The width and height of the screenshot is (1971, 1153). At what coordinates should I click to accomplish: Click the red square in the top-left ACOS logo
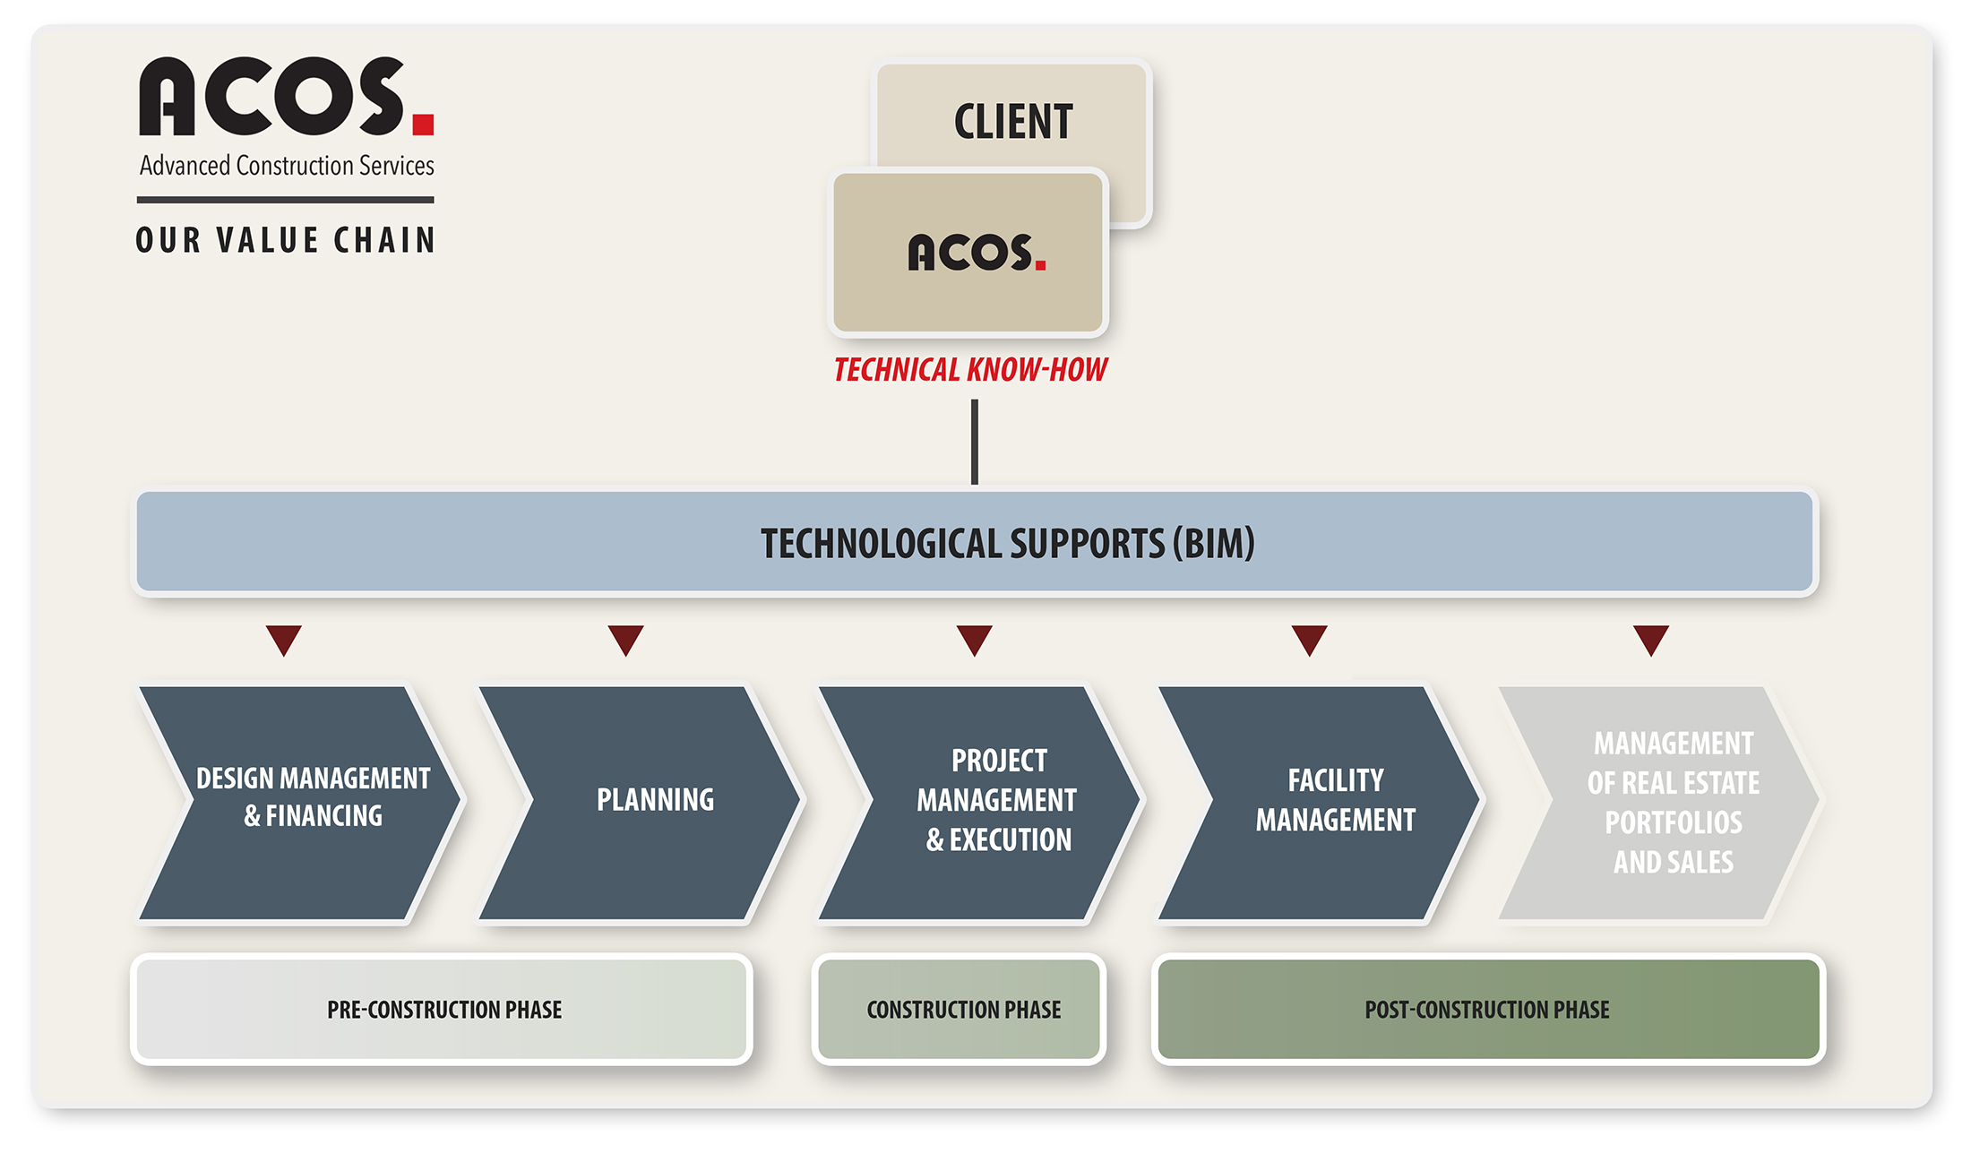point(424,124)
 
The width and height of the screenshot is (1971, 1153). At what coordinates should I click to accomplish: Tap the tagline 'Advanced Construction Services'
point(287,166)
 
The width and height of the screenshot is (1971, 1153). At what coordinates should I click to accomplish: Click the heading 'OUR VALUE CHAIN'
point(286,240)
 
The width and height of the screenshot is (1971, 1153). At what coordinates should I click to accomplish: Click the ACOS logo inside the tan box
point(977,252)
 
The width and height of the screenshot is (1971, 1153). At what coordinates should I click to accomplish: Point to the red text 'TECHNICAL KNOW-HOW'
point(970,370)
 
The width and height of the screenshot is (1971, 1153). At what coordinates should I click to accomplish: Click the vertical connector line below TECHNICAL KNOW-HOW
point(975,442)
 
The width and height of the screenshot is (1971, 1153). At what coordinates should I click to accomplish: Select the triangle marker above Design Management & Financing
point(284,640)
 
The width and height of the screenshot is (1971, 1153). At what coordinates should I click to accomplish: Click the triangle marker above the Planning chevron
point(625,640)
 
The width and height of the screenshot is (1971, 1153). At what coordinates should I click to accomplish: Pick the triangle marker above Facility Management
point(1310,640)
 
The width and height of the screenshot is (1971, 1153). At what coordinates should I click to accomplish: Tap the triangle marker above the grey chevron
point(1651,640)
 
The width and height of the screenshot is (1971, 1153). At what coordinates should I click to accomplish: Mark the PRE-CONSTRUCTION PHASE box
point(443,1010)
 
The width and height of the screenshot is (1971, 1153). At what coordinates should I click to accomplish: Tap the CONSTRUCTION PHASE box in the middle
point(960,1010)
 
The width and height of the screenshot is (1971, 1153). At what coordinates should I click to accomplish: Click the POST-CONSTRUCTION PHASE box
point(1488,1010)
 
